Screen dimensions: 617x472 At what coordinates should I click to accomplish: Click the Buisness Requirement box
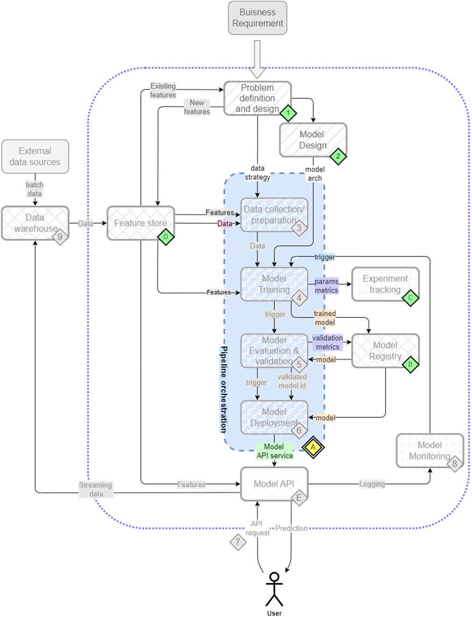257,18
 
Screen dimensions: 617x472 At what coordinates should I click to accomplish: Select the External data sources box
35,157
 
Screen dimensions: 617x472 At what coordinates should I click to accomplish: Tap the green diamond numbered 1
288,112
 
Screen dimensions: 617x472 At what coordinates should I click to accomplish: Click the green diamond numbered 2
338,156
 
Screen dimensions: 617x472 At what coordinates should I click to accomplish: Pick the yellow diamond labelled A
313,447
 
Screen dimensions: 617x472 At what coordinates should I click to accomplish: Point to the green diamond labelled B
410,364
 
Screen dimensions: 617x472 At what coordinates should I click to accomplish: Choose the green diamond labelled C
410,297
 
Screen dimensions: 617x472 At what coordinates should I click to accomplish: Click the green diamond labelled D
165,237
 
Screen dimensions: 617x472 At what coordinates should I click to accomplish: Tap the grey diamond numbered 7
238,542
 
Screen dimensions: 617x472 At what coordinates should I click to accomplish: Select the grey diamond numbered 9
60,237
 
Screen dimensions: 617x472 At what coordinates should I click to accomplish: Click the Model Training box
274,284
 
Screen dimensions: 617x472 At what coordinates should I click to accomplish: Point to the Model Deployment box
274,417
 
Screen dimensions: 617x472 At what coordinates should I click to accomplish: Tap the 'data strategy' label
257,173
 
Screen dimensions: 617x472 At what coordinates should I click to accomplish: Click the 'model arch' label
315,174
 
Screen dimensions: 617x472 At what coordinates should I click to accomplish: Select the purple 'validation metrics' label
328,343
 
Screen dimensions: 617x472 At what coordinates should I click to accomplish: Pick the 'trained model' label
325,318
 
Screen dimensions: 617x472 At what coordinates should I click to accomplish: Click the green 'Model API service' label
275,451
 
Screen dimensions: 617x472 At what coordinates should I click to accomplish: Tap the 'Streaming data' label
96,489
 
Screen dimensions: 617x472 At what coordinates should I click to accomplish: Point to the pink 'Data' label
225,224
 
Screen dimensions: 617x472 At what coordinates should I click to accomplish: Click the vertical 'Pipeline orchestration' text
224,390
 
